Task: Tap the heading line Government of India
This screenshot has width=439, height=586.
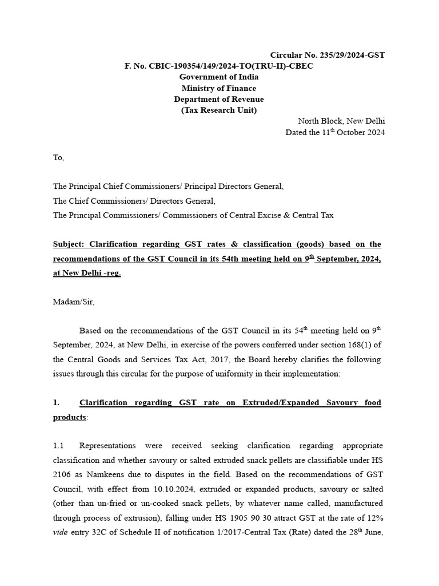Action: click(x=219, y=77)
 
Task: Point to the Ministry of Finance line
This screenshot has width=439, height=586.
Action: click(x=219, y=88)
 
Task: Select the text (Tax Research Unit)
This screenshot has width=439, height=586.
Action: click(x=219, y=110)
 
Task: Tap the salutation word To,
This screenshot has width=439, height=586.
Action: click(x=59, y=158)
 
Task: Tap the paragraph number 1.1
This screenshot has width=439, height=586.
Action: click(x=59, y=445)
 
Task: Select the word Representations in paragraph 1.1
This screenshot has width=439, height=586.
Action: click(x=107, y=445)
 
